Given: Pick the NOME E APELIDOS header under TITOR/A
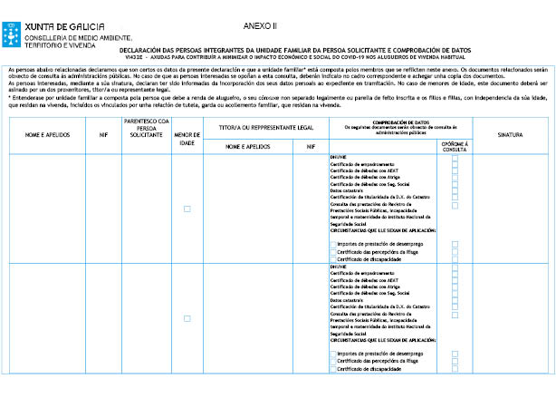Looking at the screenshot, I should coord(247,145).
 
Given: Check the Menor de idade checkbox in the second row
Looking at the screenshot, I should coord(187,318).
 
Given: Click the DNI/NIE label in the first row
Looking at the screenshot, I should coord(339,157).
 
